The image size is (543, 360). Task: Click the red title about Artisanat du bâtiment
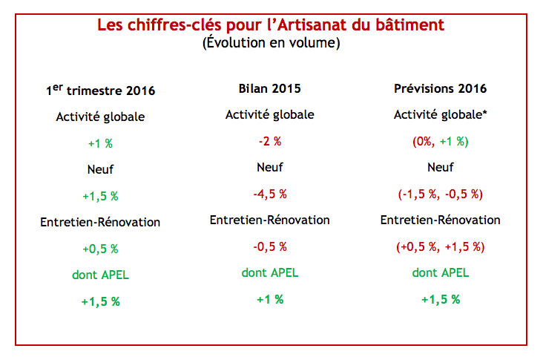[x=271, y=25]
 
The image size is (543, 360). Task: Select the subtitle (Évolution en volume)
[x=271, y=42]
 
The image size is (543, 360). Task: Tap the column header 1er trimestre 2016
[x=100, y=90]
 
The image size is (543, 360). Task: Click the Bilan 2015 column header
[x=270, y=88]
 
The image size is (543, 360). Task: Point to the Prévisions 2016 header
[x=440, y=88]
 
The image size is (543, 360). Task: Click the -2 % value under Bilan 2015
[x=270, y=141]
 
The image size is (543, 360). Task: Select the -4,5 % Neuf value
[x=270, y=194]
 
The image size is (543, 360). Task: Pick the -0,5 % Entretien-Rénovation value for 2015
[x=270, y=246]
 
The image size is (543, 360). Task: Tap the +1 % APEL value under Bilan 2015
[x=270, y=299]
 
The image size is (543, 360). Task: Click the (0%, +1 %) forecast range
[x=440, y=141]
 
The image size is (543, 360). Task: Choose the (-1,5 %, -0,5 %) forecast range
[x=440, y=194]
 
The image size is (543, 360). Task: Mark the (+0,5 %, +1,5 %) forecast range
[x=440, y=246]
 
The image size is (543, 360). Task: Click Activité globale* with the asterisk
[x=440, y=115]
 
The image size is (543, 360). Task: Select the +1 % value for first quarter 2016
[x=100, y=143]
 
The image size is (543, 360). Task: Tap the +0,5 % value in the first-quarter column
[x=100, y=249]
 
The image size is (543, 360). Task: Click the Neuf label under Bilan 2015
[x=270, y=167]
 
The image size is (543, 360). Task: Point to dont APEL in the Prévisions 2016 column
[x=440, y=272]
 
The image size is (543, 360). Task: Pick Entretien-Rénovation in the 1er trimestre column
[x=100, y=222]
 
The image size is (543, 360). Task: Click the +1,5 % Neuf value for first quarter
[x=100, y=196]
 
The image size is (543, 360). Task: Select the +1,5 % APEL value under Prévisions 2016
[x=440, y=299]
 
